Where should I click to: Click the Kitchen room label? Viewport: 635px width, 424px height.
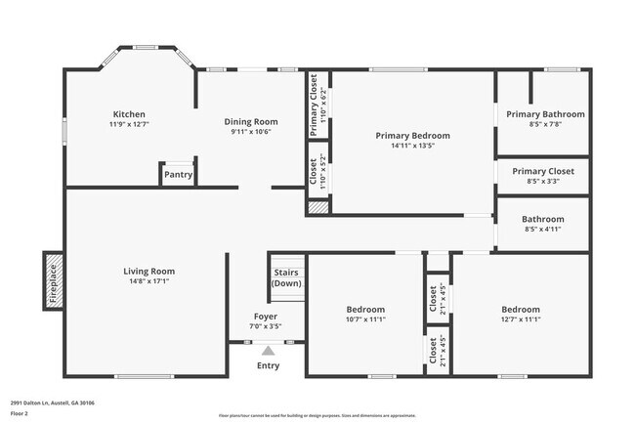click(129, 114)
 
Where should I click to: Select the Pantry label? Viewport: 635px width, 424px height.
click(178, 175)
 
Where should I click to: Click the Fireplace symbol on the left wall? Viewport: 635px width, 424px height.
click(53, 280)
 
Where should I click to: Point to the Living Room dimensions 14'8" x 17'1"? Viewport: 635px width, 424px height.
click(148, 281)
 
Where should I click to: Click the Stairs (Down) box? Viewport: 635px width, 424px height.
click(287, 277)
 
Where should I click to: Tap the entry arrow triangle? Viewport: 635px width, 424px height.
click(268, 350)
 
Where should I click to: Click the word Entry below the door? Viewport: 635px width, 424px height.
click(268, 365)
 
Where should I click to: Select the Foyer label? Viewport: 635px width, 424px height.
click(265, 317)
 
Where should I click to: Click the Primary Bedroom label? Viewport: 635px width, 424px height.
click(413, 135)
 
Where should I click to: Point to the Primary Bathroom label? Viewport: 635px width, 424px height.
click(545, 114)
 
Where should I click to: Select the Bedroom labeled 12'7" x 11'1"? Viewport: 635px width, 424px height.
click(520, 309)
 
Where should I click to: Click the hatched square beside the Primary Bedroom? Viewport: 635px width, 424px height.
click(317, 207)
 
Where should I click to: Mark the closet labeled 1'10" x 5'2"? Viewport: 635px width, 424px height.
click(317, 173)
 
